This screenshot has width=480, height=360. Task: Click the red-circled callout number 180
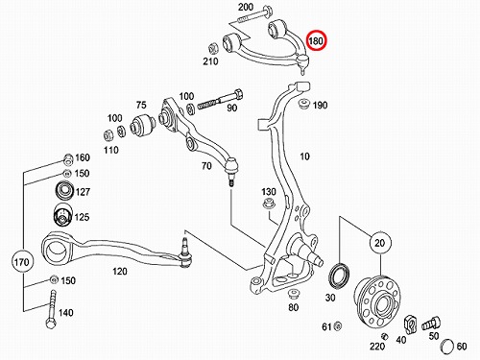pyautogui.click(x=316, y=41)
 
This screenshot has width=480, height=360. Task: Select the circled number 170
pyautogui.click(x=22, y=262)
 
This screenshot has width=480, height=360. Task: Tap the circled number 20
pyautogui.click(x=380, y=243)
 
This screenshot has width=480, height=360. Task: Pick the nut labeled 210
pyautogui.click(x=212, y=48)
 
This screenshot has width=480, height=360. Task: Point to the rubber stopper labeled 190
pyautogui.click(x=302, y=104)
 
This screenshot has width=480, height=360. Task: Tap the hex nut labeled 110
pyautogui.click(x=108, y=135)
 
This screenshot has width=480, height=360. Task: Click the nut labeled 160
pyautogui.click(x=68, y=157)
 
